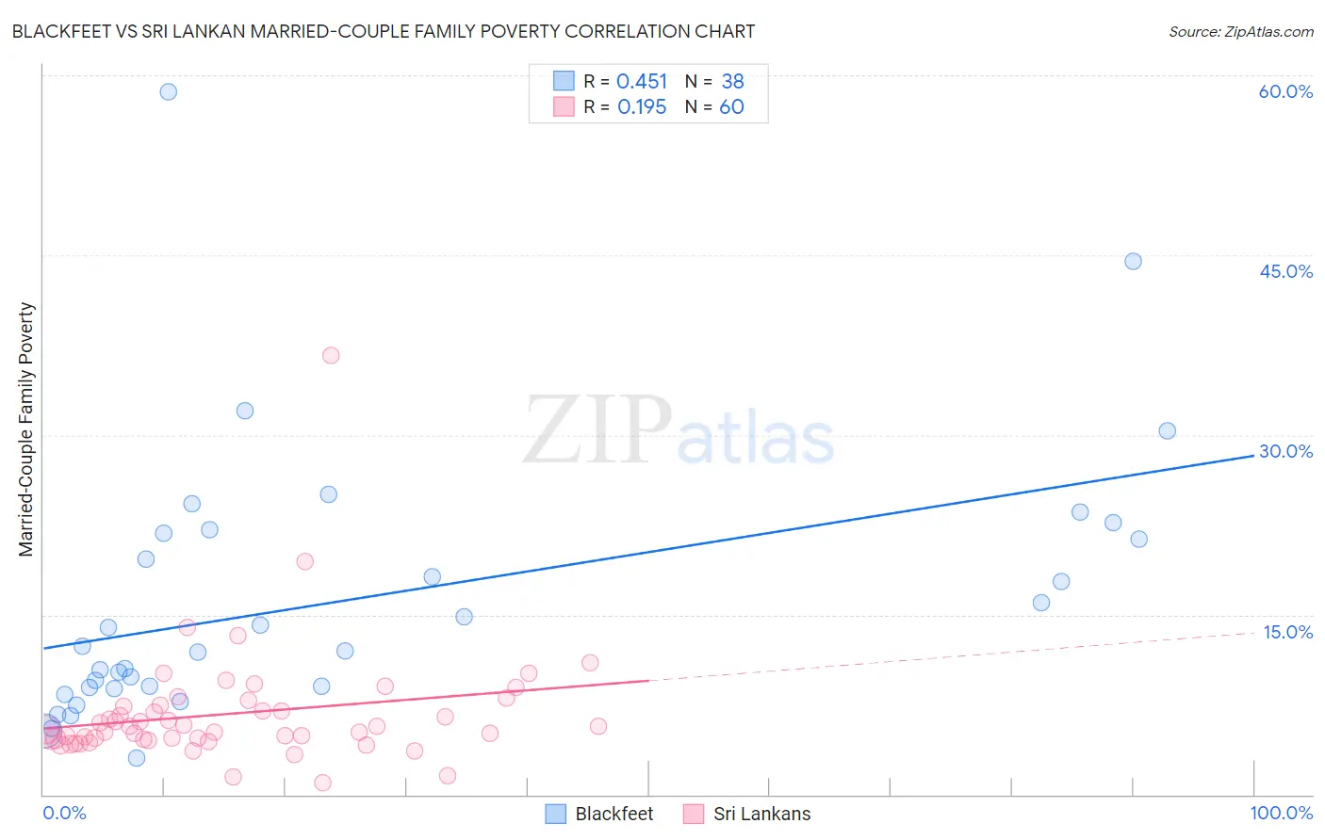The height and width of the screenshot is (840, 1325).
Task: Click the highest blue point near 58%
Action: [x=168, y=91]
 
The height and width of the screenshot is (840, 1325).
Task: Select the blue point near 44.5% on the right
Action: [x=1133, y=261]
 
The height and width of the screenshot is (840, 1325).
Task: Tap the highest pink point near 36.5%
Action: [x=331, y=355]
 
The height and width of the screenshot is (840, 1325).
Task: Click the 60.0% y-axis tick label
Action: [x=1285, y=91]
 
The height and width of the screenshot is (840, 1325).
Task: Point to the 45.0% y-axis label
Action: [x=1285, y=271]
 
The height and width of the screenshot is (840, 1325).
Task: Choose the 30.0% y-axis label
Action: [x=1285, y=451]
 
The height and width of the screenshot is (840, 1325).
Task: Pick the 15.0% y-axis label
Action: [x=1287, y=632]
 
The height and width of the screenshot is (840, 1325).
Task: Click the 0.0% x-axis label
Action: [x=64, y=813]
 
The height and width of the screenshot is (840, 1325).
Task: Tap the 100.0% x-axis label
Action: [x=1281, y=813]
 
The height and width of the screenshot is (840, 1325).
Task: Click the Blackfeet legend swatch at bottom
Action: [x=556, y=814]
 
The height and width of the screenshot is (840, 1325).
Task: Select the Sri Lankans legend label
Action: [x=761, y=814]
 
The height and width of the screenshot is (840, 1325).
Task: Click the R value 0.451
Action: [x=641, y=82]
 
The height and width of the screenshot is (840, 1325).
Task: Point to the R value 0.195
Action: [x=641, y=107]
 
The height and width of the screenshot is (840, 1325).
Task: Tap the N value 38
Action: [x=732, y=82]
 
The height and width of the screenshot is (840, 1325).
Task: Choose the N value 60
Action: [x=731, y=107]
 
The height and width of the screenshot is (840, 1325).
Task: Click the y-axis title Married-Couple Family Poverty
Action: [x=26, y=429]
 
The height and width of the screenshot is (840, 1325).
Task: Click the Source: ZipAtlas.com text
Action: [x=1240, y=32]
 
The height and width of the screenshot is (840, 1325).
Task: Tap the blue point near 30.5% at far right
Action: [x=1167, y=430]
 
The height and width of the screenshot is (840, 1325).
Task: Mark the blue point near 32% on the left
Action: [x=245, y=411]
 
